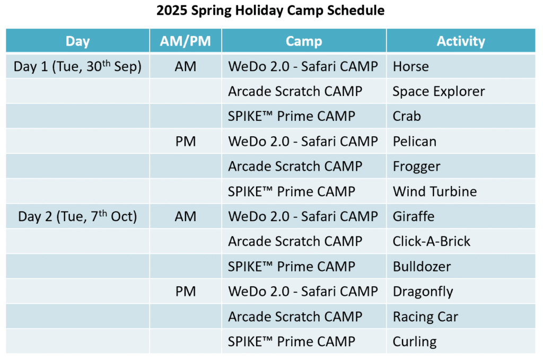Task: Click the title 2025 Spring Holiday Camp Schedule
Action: pyautogui.click(x=270, y=11)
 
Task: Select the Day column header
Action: pyautogui.click(x=77, y=41)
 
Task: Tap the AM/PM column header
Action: pyautogui.click(x=185, y=41)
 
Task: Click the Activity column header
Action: pyautogui.click(x=461, y=41)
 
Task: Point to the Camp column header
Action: pyautogui.click(x=304, y=41)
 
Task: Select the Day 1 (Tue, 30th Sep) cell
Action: pyautogui.click(x=77, y=66)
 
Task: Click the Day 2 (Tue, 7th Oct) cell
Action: pyautogui.click(x=77, y=216)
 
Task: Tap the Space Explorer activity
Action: pyautogui.click(x=439, y=91)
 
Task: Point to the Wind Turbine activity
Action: pyautogui.click(x=435, y=191)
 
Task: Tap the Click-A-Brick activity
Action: pyautogui.click(x=432, y=241)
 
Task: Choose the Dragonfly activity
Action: pyautogui.click(x=423, y=292)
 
